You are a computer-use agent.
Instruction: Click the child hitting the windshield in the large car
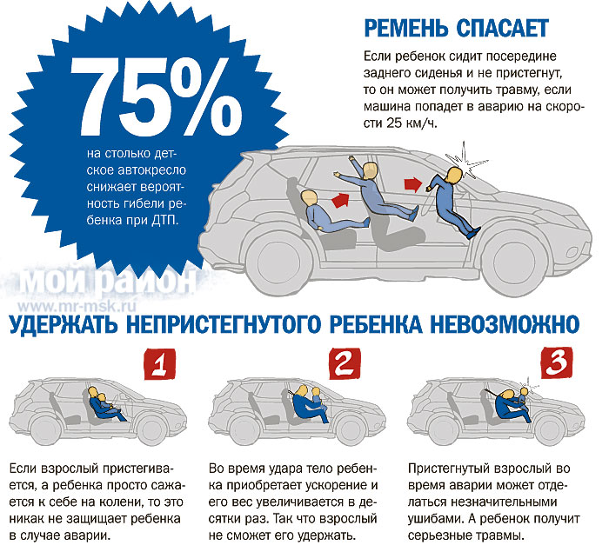point(453,199)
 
